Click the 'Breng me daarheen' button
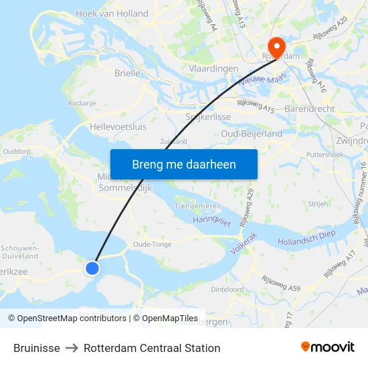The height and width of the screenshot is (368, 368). pos(184,164)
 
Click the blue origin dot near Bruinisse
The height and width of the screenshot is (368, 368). pos(92,268)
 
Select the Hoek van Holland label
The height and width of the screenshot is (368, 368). pos(112,13)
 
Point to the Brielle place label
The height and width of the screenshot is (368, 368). pos(127,73)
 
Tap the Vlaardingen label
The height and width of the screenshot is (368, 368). pos(213,69)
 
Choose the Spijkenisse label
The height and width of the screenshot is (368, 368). pos(208,116)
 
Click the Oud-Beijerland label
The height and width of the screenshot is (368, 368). pos(252,134)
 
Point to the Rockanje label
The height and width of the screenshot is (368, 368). pos(82,103)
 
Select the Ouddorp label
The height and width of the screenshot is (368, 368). pos(17,151)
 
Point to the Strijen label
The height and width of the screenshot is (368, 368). pos(318,203)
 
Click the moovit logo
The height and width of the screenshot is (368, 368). pos(328,347)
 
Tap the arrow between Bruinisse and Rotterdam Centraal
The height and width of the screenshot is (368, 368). pos(72,348)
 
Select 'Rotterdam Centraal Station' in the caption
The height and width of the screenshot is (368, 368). pos(152,348)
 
